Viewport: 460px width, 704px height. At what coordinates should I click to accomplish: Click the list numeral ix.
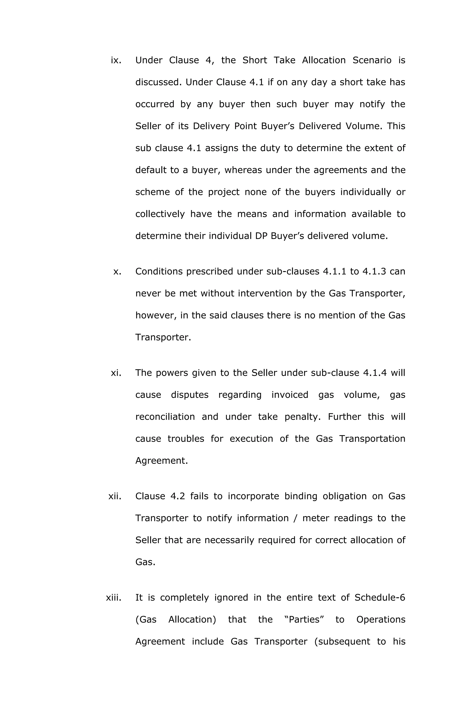(116, 60)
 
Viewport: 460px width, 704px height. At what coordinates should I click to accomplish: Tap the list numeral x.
(117, 272)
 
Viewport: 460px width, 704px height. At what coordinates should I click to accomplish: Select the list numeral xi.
(116, 373)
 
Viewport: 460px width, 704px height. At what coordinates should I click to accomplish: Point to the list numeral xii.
(115, 496)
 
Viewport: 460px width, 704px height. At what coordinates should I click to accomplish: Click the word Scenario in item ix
(372, 60)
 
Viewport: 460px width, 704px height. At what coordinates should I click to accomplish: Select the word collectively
(160, 214)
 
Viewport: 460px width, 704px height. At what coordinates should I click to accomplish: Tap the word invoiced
(290, 395)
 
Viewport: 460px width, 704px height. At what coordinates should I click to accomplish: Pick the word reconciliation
(165, 417)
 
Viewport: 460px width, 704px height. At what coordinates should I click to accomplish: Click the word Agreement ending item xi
(161, 461)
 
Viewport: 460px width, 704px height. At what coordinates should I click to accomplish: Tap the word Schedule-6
(380, 597)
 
